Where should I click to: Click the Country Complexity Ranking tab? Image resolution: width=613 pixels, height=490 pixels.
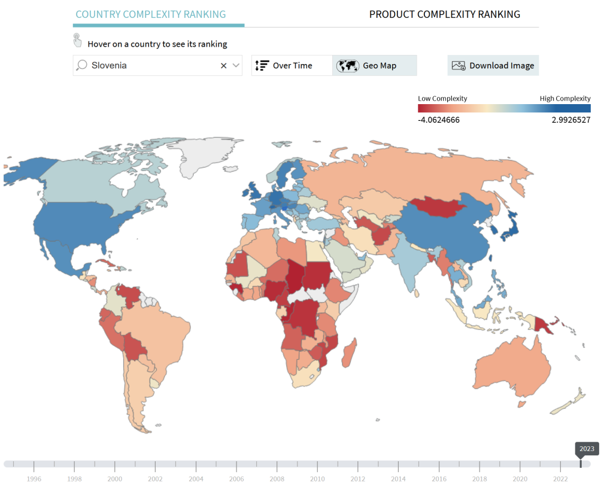coord(151,14)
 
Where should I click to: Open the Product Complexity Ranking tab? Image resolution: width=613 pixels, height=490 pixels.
coord(444,14)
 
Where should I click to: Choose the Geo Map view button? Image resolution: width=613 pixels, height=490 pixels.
coord(374,66)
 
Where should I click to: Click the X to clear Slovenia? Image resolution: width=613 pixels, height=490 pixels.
coord(223,66)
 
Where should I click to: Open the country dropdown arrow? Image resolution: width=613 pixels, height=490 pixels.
coord(236,66)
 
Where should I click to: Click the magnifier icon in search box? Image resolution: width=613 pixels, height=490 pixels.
coord(83,65)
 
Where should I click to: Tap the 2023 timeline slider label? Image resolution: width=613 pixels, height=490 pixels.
coord(587,449)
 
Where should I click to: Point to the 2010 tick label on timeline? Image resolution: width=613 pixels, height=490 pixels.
coord(317,479)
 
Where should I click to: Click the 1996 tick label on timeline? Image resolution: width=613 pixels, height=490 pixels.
coord(34,479)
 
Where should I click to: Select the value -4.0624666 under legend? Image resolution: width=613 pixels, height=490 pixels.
coord(439,120)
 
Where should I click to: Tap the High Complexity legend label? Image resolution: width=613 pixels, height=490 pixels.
coord(565,99)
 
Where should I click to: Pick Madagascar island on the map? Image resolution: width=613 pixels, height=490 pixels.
coord(350,353)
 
